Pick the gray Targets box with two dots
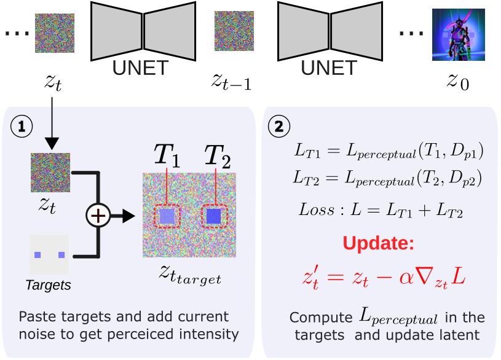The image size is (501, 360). click(49, 254)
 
